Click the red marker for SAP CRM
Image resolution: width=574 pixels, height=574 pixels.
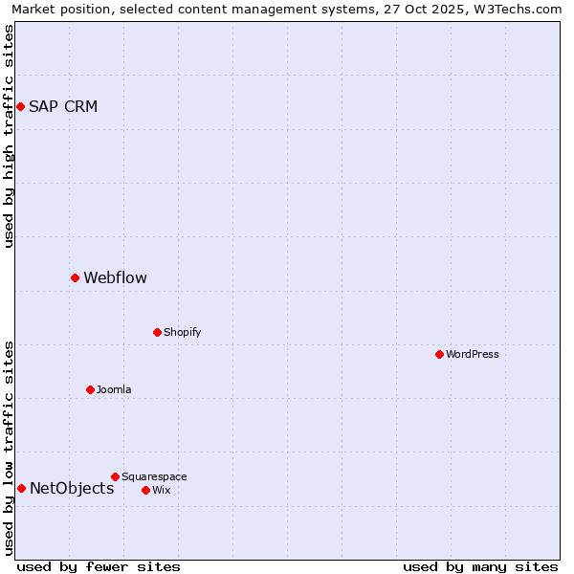pyautogui.click(x=20, y=106)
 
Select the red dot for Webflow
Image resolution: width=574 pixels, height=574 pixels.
pyautogui.click(x=75, y=278)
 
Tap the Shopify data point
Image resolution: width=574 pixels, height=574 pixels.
pyautogui.click(x=157, y=333)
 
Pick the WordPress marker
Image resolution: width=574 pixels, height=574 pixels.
pyautogui.click(x=439, y=355)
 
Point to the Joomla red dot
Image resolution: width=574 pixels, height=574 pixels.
pyautogui.click(x=90, y=389)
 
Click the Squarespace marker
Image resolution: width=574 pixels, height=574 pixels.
pyautogui.click(x=115, y=476)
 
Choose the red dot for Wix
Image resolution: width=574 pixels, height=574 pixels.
pyautogui.click(x=145, y=490)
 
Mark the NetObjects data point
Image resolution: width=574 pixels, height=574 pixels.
pyautogui.click(x=21, y=489)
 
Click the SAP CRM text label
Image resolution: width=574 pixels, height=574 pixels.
pyautogui.click(x=63, y=106)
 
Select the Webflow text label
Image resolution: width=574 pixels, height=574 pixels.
pyautogui.click(x=115, y=278)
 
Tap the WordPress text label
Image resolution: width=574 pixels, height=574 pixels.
pyautogui.click(x=473, y=355)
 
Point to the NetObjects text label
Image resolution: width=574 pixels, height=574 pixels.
pyautogui.click(x=72, y=489)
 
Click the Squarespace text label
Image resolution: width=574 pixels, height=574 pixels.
pyautogui.click(x=154, y=476)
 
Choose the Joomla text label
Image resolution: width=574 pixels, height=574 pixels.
pyautogui.click(x=114, y=389)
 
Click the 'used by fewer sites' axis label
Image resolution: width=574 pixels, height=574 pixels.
pyautogui.click(x=99, y=566)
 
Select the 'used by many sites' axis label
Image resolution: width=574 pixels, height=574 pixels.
pyautogui.click(x=480, y=566)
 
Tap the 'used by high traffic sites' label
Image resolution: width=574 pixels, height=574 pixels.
pyautogui.click(x=9, y=136)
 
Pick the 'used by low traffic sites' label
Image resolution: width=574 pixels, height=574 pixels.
pyautogui.click(x=9, y=448)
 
